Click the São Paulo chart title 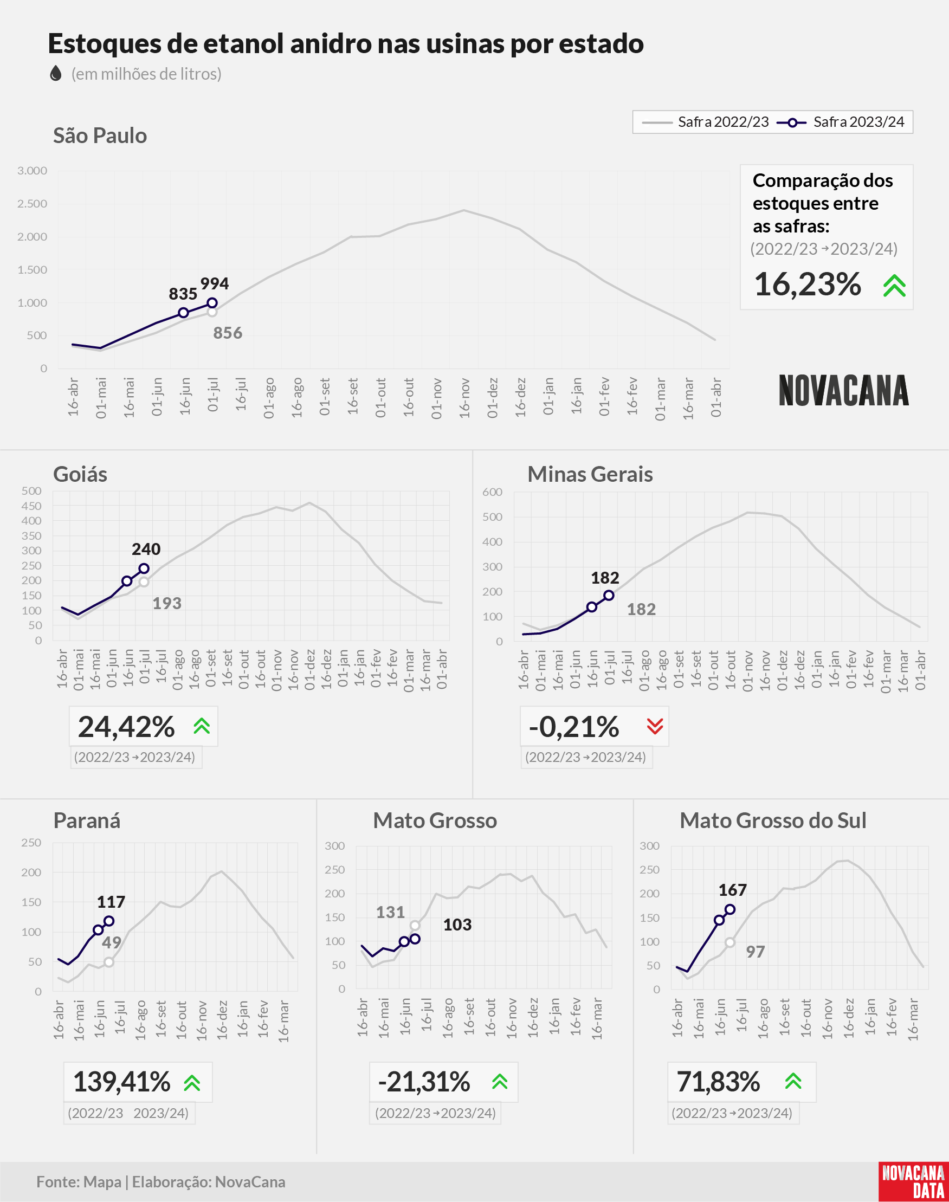tap(100, 135)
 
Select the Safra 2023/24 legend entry tap(841, 122)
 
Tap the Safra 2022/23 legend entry tap(705, 122)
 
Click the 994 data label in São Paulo tap(215, 284)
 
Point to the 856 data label tap(228, 333)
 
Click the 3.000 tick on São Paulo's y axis tap(32, 171)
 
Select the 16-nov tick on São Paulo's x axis tap(464, 397)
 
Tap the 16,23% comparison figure tap(808, 285)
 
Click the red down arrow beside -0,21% tap(655, 726)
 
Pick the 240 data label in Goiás tap(146, 550)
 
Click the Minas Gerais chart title tap(590, 474)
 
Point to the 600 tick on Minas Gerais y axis tap(492, 492)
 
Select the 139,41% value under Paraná tap(122, 1082)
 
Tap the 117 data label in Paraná tap(111, 902)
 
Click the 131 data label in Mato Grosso tap(391, 913)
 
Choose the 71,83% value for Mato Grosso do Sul tap(718, 1082)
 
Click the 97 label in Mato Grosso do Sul tap(755, 952)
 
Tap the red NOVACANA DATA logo tap(913, 1181)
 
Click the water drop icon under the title tap(56, 73)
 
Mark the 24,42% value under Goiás tap(126, 727)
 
